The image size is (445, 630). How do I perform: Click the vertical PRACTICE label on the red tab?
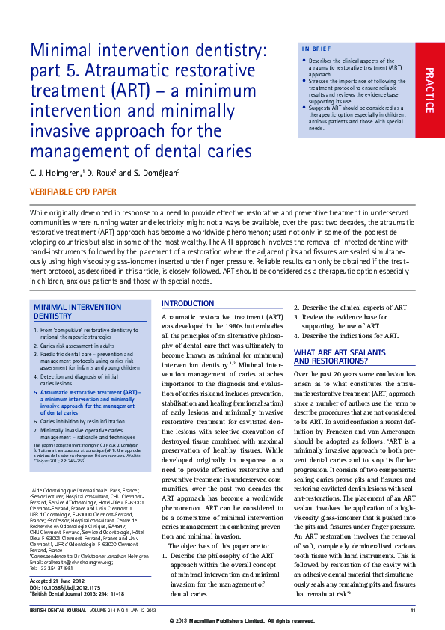point(429,90)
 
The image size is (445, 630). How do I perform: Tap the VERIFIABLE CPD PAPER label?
point(73,192)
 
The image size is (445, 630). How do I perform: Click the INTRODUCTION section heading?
point(188,303)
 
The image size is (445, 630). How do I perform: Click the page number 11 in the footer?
point(413,611)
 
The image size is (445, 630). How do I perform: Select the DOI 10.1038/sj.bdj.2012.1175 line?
point(67,587)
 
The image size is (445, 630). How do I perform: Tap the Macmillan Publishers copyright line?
point(243,621)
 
